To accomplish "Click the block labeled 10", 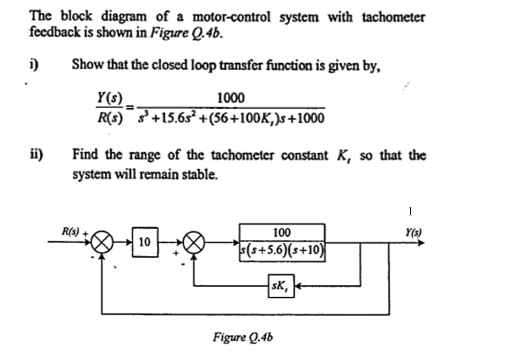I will [143, 243].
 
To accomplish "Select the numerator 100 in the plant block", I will [282, 232].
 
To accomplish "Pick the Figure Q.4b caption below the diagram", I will [244, 337].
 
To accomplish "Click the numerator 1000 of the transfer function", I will [231, 99].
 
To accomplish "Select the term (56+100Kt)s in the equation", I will [236, 117].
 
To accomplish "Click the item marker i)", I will [34, 64].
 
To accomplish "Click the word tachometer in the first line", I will [393, 17].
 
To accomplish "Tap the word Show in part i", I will [84, 64].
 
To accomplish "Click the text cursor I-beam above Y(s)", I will [410, 211].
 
